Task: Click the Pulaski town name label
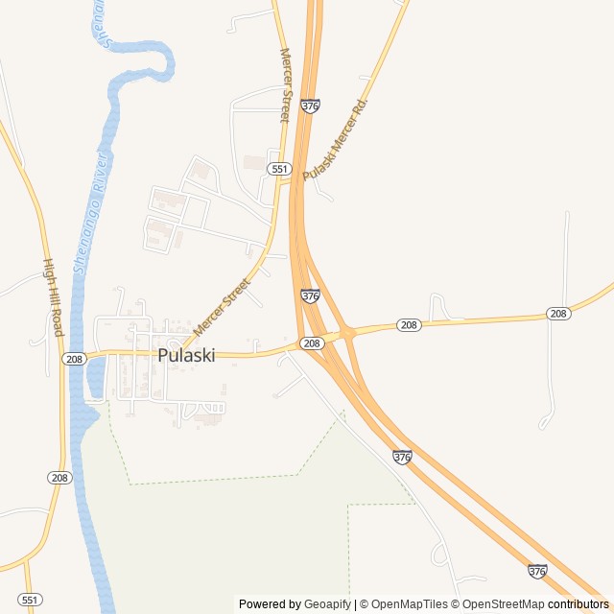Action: (x=186, y=355)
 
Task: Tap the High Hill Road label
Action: (x=52, y=297)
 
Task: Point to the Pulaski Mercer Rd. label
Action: (x=335, y=138)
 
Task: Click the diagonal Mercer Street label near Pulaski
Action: (x=222, y=307)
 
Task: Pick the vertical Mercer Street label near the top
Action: (x=284, y=85)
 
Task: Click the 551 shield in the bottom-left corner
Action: (x=31, y=600)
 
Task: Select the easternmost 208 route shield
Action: (x=558, y=314)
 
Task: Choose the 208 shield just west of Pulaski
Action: (x=74, y=359)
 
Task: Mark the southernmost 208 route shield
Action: (x=59, y=477)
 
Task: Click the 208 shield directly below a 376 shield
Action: (x=311, y=342)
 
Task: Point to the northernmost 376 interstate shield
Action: (x=310, y=106)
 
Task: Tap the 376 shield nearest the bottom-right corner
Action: (x=537, y=571)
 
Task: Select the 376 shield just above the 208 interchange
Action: (x=310, y=296)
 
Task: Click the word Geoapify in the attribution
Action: (x=328, y=604)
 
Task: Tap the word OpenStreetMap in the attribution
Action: (x=504, y=604)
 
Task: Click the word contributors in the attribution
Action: (x=579, y=604)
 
